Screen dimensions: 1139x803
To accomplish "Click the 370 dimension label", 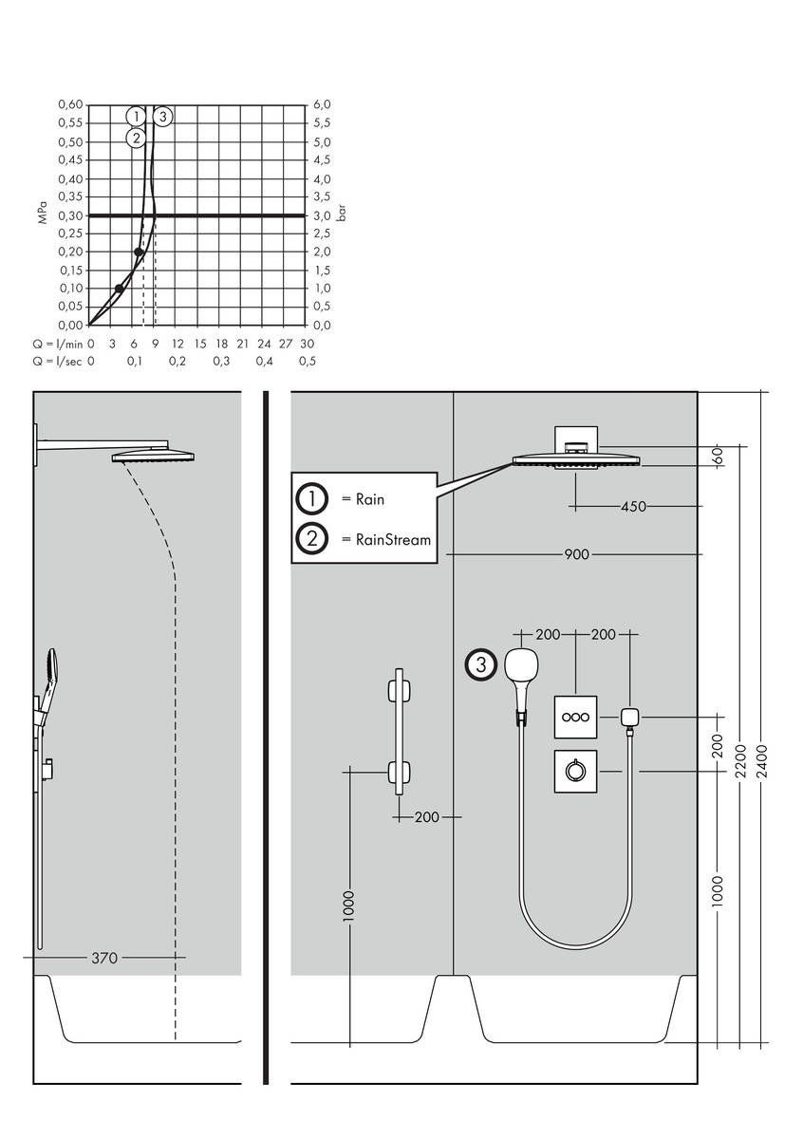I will (104, 959).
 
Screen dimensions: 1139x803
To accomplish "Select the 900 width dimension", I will (576, 554).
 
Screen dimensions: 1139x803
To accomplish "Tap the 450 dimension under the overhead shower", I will (633, 507).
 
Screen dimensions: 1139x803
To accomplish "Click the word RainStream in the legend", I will (393, 540).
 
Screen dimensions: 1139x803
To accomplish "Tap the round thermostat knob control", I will (575, 772).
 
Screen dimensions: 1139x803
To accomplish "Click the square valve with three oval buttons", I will (575, 718).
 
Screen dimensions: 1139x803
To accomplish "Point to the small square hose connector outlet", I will (628, 717).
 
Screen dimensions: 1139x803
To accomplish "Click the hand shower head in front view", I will (521, 664).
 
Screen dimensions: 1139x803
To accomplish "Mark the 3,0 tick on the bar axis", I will (323, 215).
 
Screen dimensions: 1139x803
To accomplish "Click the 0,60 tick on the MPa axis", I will (70, 104).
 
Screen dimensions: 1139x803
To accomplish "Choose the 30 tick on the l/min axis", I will (307, 343).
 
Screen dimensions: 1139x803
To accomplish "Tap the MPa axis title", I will (43, 215).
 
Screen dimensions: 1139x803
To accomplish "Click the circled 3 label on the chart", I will (163, 117).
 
